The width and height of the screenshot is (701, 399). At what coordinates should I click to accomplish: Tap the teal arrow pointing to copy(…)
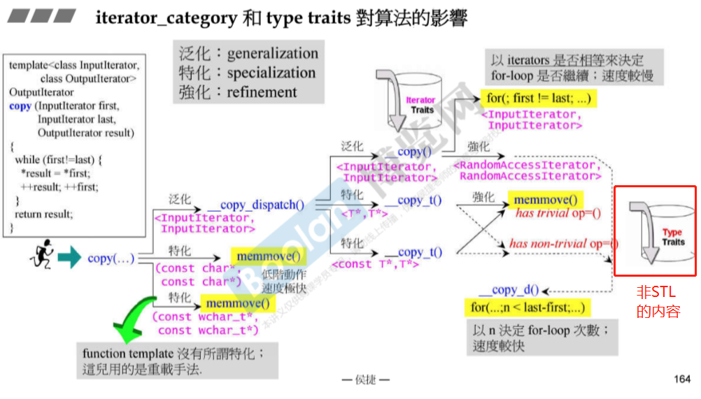point(69,259)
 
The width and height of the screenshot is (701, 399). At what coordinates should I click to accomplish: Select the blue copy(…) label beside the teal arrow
point(111,259)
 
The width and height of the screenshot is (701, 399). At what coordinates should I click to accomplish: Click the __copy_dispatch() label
point(256,205)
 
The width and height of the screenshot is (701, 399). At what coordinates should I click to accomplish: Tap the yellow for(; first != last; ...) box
point(538,99)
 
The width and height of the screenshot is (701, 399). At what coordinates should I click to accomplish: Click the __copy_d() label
point(509,291)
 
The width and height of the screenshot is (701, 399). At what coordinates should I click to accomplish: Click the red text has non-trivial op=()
point(564,243)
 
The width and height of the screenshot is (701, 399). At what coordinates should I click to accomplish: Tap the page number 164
point(681,379)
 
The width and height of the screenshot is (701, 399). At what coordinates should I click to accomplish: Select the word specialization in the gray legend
point(271,73)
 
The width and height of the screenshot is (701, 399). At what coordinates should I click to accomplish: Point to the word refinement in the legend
point(262,92)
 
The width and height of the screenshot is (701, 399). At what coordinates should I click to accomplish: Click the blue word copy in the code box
point(20,106)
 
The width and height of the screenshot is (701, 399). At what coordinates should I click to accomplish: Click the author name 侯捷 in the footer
point(365,379)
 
